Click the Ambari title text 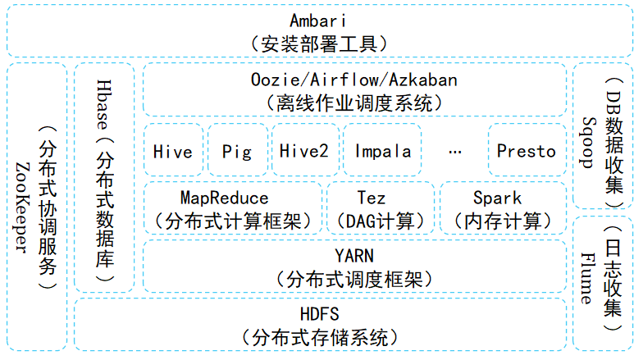pyautogui.click(x=318, y=21)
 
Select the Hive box pyautogui.click(x=173, y=150)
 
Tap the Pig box pyautogui.click(x=238, y=150)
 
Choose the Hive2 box pyautogui.click(x=305, y=150)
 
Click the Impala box pyautogui.click(x=382, y=150)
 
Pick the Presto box pyautogui.click(x=527, y=150)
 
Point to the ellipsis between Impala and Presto pyautogui.click(x=455, y=153)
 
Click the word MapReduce pyautogui.click(x=225, y=198)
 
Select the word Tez pyautogui.click(x=372, y=198)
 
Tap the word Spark pyautogui.click(x=498, y=198)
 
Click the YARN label pyautogui.click(x=354, y=256)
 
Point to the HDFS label pyautogui.click(x=319, y=314)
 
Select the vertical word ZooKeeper pyautogui.click(x=23, y=207)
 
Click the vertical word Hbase pyautogui.click(x=104, y=105)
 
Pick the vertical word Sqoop pyautogui.click(x=589, y=143)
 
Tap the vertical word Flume pyautogui.click(x=587, y=278)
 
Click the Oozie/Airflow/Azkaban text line pyautogui.click(x=354, y=80)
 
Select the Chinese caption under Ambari pyautogui.click(x=319, y=44)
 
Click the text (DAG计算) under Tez pyautogui.click(x=381, y=221)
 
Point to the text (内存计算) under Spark pyautogui.click(x=503, y=221)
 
